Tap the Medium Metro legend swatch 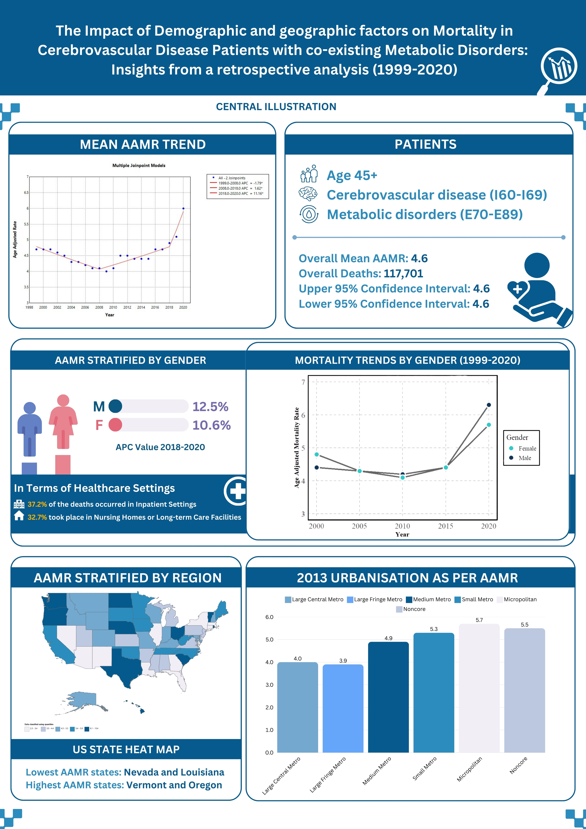409,600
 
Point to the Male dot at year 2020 489,405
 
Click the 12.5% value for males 210,407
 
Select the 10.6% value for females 211,425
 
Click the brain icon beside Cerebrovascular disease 308,194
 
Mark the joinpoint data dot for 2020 183,208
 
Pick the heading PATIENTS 425,144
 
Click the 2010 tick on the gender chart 402,526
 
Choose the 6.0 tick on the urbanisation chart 269,617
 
